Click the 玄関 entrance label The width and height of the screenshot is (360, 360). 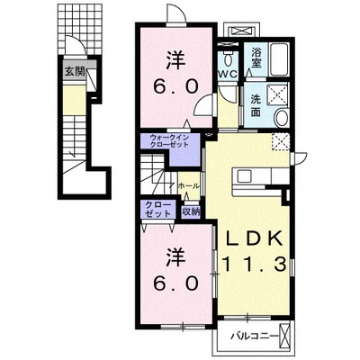pos(75,72)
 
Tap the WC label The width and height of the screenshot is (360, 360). pos(228,74)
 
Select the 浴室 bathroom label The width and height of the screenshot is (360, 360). pos(256,58)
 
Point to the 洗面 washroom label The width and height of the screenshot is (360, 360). pos(256,105)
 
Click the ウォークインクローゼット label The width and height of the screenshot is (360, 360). pos(170,141)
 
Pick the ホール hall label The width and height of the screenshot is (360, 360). pos(188,186)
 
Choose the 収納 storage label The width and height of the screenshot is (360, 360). pos(191,211)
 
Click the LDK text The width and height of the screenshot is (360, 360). pos(254,238)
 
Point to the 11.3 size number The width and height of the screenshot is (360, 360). pos(254,265)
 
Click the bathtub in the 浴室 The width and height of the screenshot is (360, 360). pos(279,59)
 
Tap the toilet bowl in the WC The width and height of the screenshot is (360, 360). pos(228,59)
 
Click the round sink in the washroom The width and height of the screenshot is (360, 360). pos(282,118)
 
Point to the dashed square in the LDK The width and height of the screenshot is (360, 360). pos(281,140)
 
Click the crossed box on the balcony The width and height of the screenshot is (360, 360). pos(283,335)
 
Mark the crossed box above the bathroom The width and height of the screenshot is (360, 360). pos(243,31)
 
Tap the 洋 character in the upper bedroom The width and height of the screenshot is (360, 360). pos(175,59)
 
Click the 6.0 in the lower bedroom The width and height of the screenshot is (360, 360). pos(175,283)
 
